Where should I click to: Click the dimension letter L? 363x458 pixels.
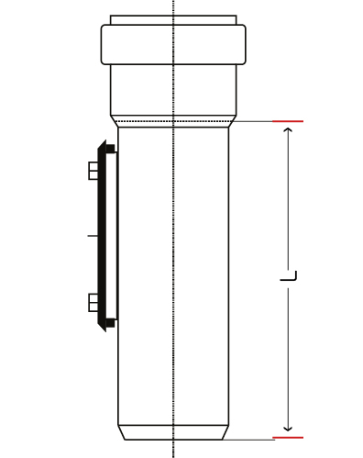pos(289,276)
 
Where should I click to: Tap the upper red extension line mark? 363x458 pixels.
pos(288,121)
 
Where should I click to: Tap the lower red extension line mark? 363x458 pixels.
pos(288,438)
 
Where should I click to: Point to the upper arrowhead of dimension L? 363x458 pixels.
pos(288,129)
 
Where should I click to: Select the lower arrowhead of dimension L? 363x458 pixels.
pos(288,429)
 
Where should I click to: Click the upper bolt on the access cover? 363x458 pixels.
pos(93,171)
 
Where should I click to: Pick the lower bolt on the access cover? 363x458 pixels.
pos(93,303)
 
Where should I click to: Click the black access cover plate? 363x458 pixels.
pos(102,236)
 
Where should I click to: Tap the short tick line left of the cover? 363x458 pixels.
pos(93,236)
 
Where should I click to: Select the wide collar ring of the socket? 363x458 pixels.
pos(173,45)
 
